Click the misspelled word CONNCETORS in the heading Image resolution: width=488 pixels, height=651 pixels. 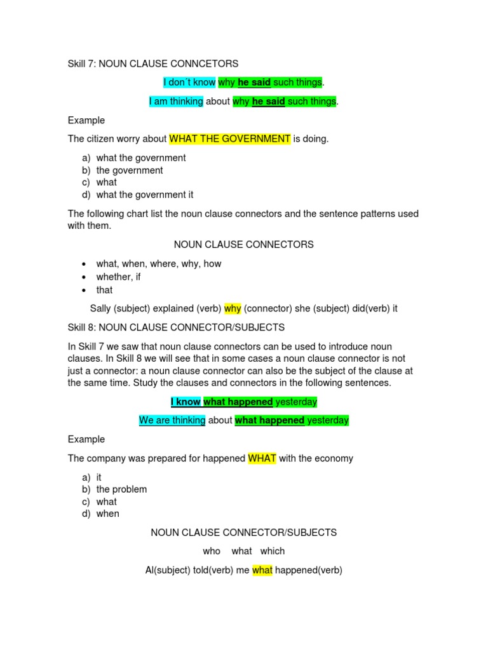[x=207, y=64]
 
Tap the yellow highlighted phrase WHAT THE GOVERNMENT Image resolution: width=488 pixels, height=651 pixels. [x=229, y=139]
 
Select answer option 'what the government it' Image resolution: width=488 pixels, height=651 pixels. [x=145, y=195]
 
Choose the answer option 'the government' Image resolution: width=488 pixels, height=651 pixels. [x=130, y=170]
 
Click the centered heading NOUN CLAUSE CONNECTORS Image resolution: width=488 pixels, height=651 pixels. [x=244, y=245]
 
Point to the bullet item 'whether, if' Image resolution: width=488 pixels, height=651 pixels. [x=119, y=277]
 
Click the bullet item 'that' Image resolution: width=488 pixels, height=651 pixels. [x=105, y=290]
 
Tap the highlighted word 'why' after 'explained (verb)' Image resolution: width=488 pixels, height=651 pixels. [x=233, y=309]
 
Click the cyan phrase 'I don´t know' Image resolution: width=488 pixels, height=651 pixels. [x=189, y=83]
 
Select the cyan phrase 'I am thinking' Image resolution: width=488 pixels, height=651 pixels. [x=176, y=102]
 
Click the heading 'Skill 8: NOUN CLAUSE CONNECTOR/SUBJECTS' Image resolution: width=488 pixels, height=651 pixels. [x=176, y=327]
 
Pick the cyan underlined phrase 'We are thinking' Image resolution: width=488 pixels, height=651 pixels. [x=172, y=420]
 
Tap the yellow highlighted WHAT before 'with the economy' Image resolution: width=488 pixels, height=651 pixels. [x=262, y=458]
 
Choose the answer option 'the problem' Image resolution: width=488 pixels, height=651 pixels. [x=121, y=490]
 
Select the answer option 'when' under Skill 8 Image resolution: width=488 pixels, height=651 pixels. [x=108, y=514]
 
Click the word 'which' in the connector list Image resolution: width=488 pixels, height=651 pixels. [x=273, y=551]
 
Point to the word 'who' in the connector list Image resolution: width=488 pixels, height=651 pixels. [x=212, y=551]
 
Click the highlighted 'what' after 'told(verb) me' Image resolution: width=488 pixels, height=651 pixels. [x=262, y=570]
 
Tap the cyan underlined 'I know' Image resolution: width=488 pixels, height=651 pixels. [x=186, y=402]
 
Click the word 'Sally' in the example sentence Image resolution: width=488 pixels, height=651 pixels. [x=103, y=309]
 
